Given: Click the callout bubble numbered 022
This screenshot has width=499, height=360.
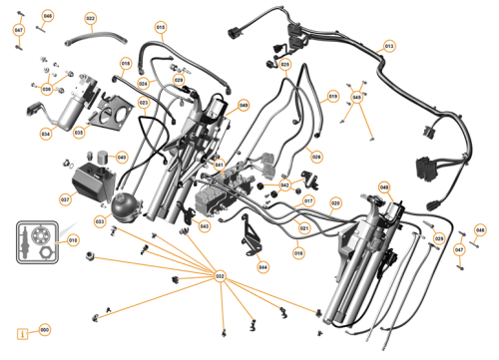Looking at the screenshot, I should [x=91, y=19].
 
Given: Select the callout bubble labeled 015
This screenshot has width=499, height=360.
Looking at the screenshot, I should [x=161, y=26].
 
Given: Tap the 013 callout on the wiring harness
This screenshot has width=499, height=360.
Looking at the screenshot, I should [x=389, y=47].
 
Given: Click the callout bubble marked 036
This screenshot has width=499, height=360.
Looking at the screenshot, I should [x=46, y=89].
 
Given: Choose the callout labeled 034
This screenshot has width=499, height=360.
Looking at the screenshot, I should [x=45, y=133].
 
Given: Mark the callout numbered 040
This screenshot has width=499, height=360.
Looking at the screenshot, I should [x=121, y=158].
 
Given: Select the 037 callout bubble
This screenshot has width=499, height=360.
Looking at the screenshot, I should [x=65, y=199].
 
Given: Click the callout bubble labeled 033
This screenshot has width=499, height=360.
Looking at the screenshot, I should [x=100, y=220].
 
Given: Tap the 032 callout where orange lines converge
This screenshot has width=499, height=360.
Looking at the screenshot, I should [x=221, y=276].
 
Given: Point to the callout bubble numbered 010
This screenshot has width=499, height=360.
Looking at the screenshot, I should [x=72, y=240].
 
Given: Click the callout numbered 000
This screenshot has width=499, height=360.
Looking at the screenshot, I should [x=44, y=330].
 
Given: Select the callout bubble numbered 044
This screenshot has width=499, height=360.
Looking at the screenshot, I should [x=262, y=267].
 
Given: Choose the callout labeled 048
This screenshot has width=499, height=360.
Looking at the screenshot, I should [x=384, y=186].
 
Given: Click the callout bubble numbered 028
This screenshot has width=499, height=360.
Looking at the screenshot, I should [x=316, y=156].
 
